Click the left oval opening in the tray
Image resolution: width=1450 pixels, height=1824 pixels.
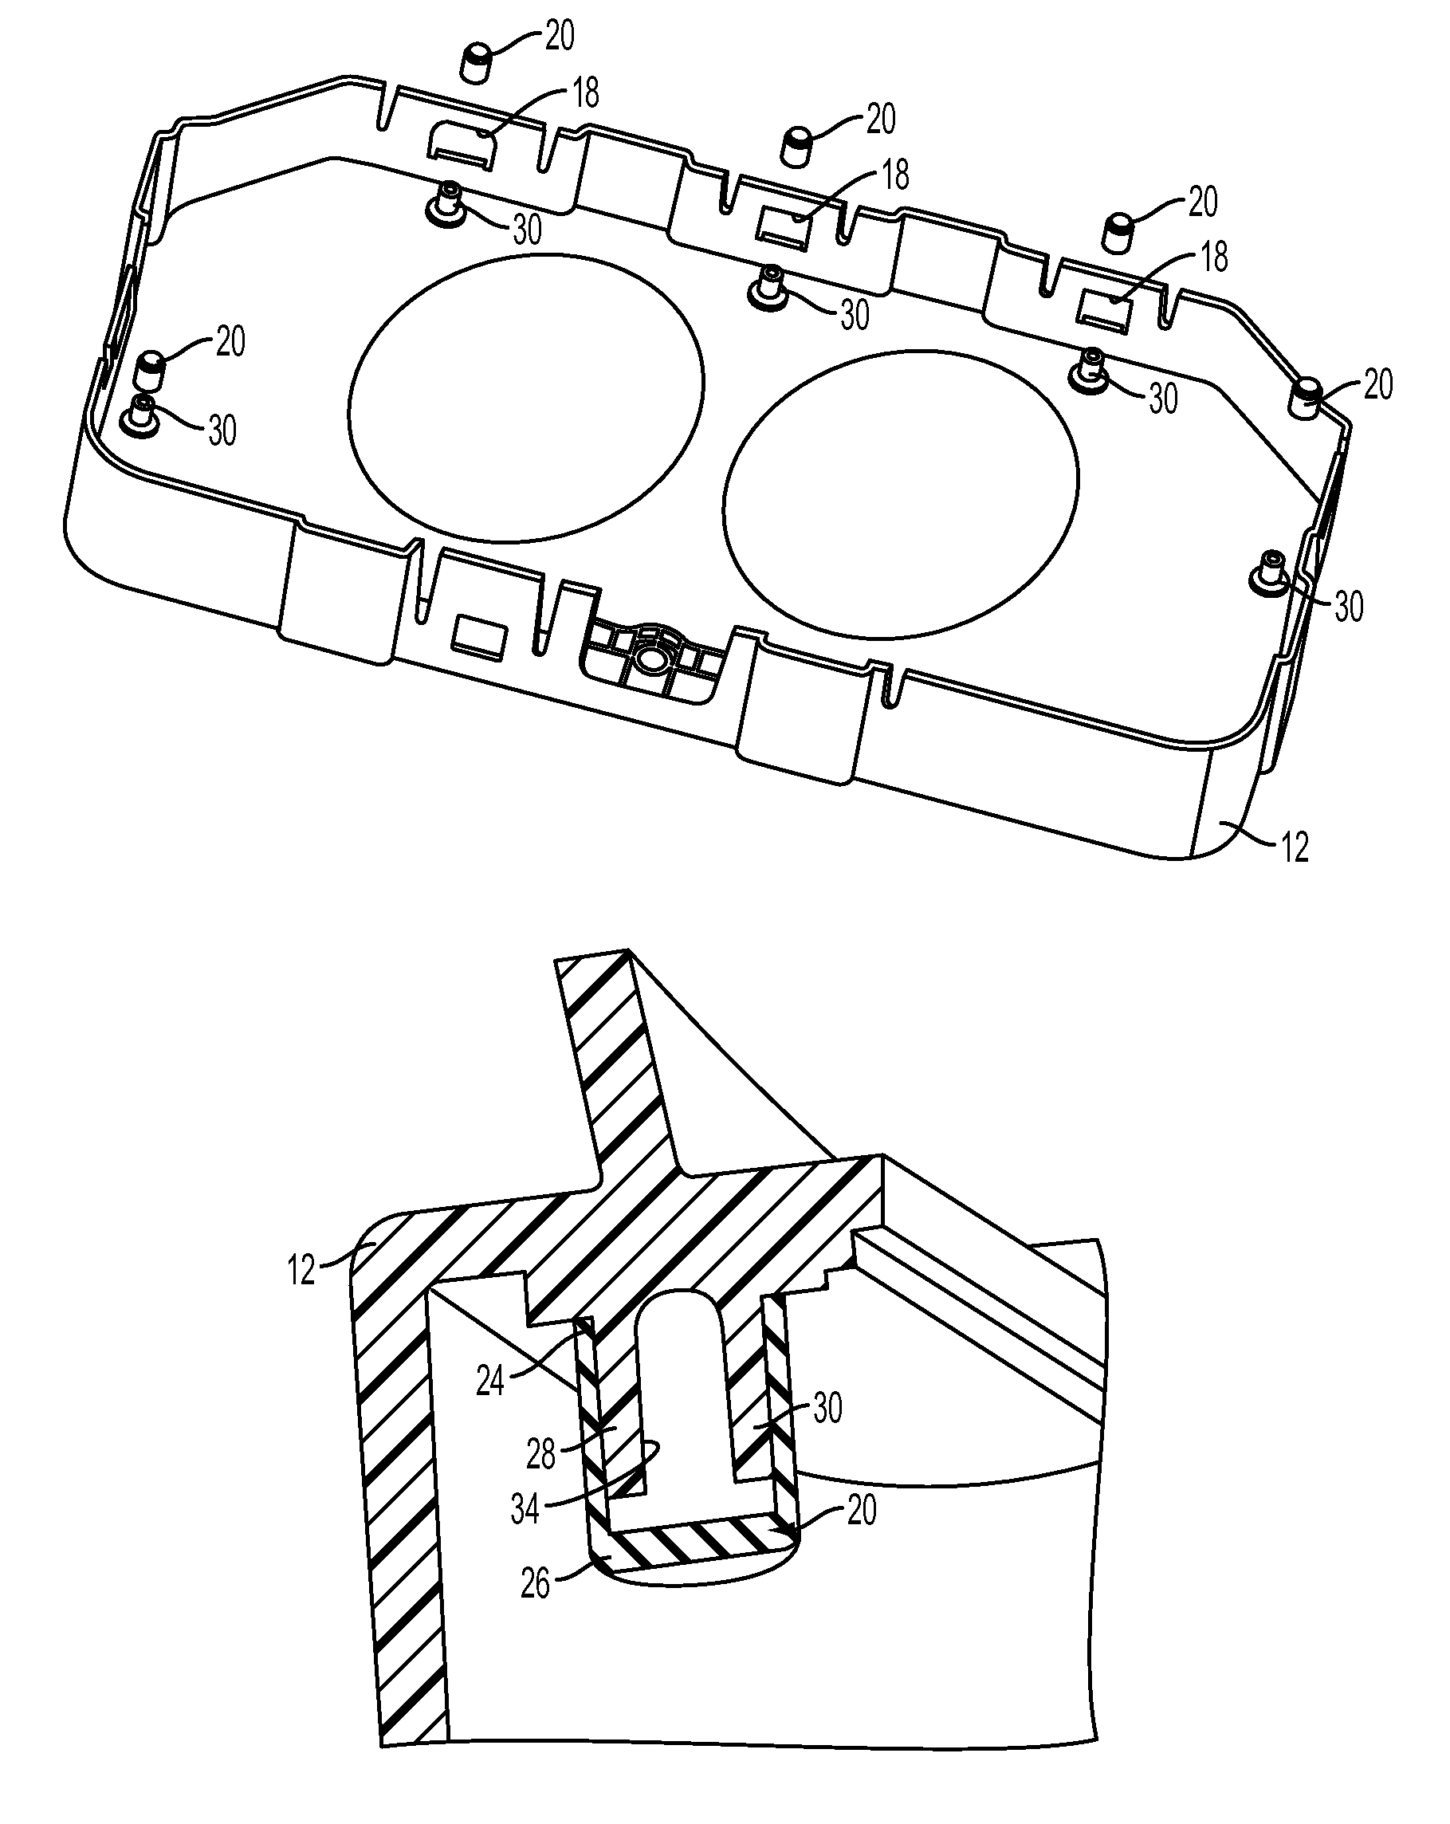click(525, 398)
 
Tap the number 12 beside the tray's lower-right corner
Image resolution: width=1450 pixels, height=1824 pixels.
click(1295, 847)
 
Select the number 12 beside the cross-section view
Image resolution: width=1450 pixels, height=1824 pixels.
click(301, 1271)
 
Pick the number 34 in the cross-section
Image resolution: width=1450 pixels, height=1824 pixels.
click(525, 1508)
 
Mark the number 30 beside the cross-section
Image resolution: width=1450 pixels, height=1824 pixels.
click(827, 1409)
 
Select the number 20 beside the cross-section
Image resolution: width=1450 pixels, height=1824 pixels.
click(860, 1510)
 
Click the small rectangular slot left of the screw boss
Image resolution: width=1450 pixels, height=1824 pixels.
click(479, 634)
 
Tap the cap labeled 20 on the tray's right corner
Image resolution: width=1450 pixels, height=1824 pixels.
click(1309, 399)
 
